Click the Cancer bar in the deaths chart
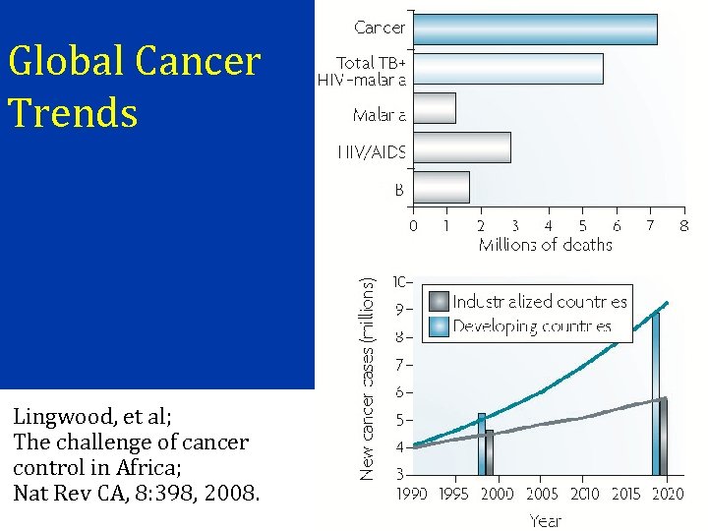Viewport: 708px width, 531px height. [535, 29]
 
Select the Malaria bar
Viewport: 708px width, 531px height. [434, 108]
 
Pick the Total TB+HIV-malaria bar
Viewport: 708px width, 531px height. [507, 69]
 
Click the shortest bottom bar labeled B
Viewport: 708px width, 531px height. [441, 187]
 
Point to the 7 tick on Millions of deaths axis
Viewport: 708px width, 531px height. [650, 225]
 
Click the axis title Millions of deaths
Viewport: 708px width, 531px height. [545, 245]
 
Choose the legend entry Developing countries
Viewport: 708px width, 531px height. [532, 326]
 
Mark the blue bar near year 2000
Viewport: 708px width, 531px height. [482, 443]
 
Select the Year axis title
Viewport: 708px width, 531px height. [546, 520]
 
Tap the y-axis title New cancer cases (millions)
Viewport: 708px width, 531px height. [367, 379]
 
